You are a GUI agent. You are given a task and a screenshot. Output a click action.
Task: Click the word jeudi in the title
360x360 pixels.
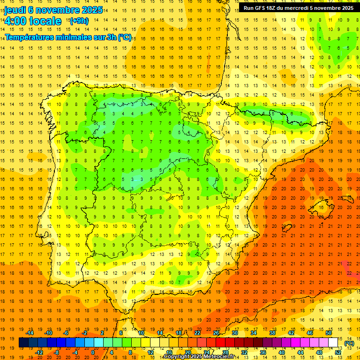point(15,10)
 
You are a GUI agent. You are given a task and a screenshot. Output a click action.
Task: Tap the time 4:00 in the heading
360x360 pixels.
point(17,21)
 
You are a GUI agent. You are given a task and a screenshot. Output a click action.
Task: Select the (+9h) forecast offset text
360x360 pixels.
point(78,21)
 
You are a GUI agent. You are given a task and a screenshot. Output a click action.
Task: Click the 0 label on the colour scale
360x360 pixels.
point(93,352)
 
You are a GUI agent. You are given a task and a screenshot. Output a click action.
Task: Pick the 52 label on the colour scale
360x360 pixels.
point(337,352)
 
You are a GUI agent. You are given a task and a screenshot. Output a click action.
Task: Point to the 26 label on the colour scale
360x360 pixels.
point(216,333)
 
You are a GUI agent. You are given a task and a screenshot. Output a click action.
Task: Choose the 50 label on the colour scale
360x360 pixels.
point(329,333)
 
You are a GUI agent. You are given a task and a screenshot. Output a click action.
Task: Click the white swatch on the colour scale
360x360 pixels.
point(333,343)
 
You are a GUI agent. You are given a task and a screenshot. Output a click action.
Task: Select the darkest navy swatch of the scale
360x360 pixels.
point(23,343)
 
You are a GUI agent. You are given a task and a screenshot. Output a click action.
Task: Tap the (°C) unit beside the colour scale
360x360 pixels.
point(349,343)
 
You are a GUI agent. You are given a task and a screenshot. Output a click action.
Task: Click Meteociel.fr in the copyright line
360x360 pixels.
point(221,357)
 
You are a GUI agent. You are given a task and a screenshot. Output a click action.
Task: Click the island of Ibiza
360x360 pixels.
point(288,230)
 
